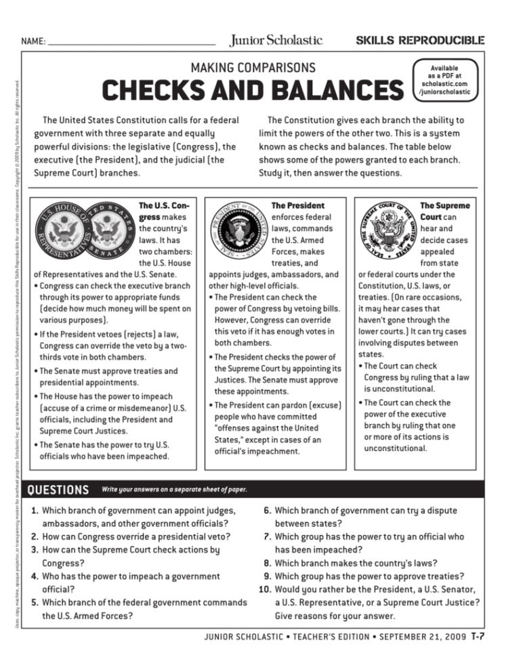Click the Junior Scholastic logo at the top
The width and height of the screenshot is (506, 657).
(276, 40)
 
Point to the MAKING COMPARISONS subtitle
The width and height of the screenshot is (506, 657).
(252, 67)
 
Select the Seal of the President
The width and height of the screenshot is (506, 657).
(238, 231)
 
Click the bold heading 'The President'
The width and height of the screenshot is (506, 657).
(297, 205)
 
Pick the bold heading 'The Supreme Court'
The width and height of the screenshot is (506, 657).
(444, 211)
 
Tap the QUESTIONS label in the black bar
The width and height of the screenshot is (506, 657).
(58, 490)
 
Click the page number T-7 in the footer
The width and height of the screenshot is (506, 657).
(478, 637)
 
